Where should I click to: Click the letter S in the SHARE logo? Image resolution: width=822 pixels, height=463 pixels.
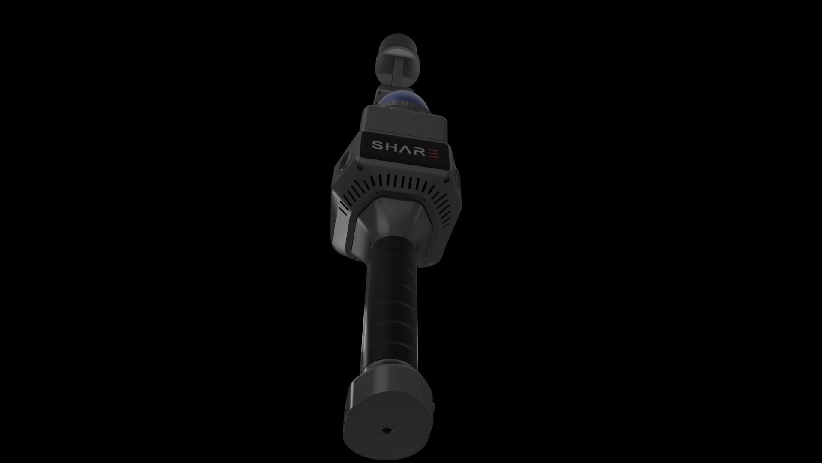pyautogui.click(x=378, y=146)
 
